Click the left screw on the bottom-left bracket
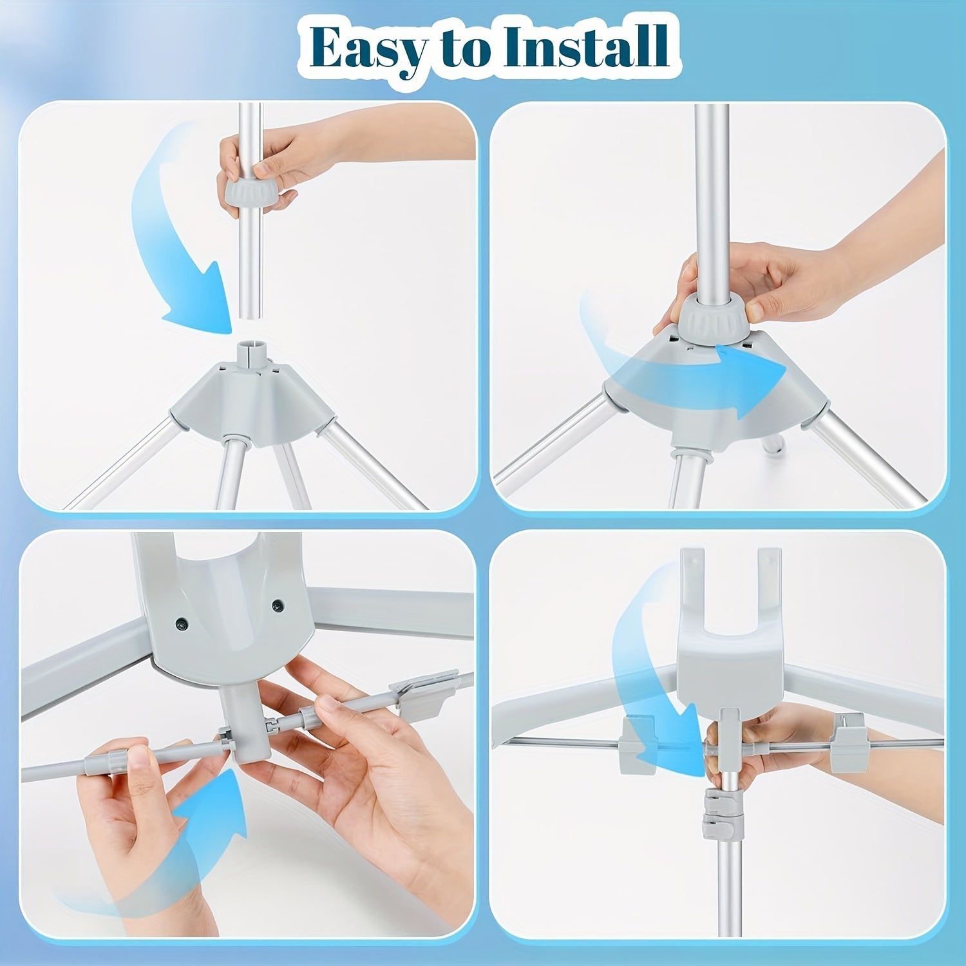tap(182, 623)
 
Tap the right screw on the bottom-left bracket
tap(278, 605)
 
